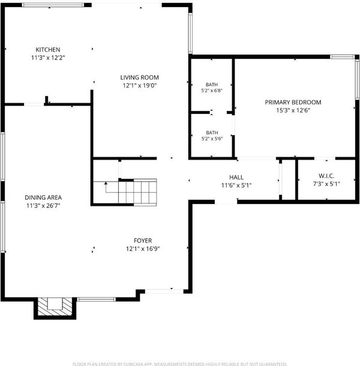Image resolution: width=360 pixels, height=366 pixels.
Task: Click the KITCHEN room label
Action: coord(48,49)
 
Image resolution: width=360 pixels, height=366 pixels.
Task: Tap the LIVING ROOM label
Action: coord(139,77)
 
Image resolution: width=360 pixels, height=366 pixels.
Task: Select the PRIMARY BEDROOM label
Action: coord(293,102)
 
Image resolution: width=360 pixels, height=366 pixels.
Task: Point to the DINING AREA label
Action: coord(43,197)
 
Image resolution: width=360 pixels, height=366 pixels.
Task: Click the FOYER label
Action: coord(143,241)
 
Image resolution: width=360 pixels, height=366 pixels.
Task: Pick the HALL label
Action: coord(236,177)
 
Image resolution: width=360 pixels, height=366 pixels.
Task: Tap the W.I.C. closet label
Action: coord(326,176)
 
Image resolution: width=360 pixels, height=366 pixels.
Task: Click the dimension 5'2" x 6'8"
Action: coord(212,91)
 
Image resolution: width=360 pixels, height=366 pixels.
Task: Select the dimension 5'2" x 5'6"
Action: coord(212,139)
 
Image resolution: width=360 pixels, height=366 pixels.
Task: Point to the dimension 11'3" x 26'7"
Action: coord(43,206)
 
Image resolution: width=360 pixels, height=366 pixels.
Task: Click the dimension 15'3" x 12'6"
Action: coord(293,110)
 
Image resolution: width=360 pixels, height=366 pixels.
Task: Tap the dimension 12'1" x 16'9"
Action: coord(143,248)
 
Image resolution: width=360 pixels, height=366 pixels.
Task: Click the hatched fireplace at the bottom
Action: coord(55,307)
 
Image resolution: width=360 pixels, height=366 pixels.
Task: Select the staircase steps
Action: coord(137,191)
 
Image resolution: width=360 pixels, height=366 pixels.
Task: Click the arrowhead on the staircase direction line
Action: coord(106,183)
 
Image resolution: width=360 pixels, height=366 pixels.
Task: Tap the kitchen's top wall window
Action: coord(53,4)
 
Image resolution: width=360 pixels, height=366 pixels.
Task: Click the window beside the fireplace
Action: coord(97,299)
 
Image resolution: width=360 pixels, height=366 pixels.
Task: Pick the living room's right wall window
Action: coord(190,33)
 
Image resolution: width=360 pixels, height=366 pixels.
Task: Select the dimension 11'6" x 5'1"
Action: coord(236,185)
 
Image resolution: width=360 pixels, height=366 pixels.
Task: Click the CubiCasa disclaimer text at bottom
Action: coord(180,364)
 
